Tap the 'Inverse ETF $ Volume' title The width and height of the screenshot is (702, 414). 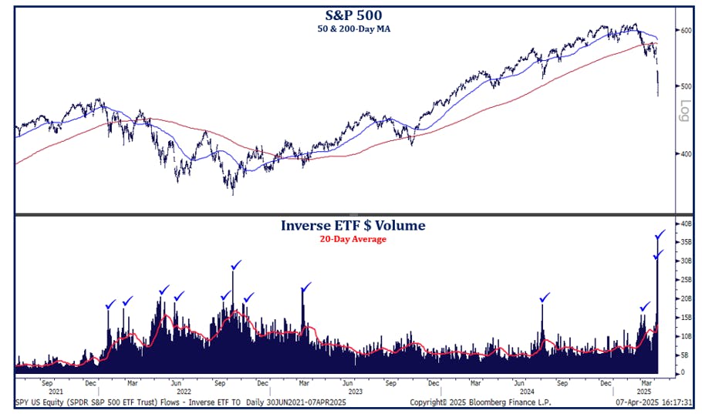coord(353,226)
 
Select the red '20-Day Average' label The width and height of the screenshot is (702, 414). coord(353,239)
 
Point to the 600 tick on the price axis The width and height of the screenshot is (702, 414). coord(685,30)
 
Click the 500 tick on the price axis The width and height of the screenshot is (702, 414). coord(685,86)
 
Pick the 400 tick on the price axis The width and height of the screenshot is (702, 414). coord(685,153)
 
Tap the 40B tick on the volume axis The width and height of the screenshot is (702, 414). coord(685,224)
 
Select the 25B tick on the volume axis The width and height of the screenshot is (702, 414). coord(685,280)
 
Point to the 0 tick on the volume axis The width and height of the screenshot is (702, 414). coord(682,372)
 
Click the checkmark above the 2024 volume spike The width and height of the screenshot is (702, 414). coord(545,298)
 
